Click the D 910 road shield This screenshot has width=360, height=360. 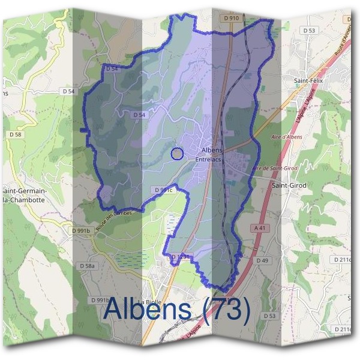pos(231,19)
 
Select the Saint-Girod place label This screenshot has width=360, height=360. pos(289,185)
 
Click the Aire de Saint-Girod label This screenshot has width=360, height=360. pos(275,168)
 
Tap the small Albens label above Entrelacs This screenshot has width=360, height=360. pos(212,150)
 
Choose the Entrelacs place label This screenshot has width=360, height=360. pos(209,160)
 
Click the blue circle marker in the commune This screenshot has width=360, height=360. pos(177,154)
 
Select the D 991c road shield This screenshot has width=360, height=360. pos(163,190)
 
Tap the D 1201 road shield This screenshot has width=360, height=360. pos(180,257)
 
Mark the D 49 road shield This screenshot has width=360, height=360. pos(262,261)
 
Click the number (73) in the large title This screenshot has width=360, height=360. pos(227,309)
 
